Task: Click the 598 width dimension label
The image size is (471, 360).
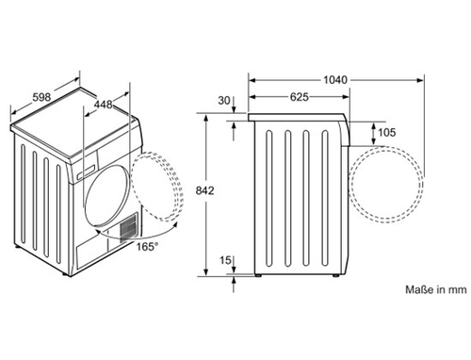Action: pyautogui.click(x=41, y=97)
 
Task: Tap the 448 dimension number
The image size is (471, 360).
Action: pyautogui.click(x=104, y=104)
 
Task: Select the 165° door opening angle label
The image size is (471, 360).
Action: pyautogui.click(x=147, y=247)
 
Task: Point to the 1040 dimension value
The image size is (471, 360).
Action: pyautogui.click(x=335, y=80)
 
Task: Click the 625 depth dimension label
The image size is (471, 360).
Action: pyautogui.click(x=299, y=97)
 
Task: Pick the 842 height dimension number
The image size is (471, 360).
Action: pyautogui.click(x=204, y=190)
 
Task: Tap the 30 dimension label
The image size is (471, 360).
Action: pyautogui.click(x=224, y=101)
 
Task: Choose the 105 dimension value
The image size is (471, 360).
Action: pyautogui.click(x=386, y=132)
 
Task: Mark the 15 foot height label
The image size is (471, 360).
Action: pyautogui.click(x=225, y=260)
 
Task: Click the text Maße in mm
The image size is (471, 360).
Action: pyautogui.click(x=436, y=289)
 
